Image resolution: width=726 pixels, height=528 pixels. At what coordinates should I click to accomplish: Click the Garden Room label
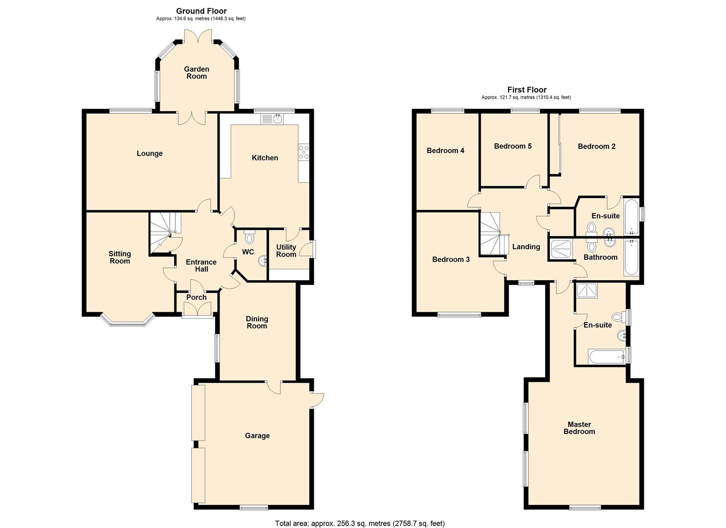pos(197,73)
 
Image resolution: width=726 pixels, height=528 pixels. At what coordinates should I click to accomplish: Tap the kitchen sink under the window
pos(272,119)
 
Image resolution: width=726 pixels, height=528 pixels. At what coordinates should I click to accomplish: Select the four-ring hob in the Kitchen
pos(304,153)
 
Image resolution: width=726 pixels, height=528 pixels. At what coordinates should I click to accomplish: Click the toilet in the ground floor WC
pos(249,237)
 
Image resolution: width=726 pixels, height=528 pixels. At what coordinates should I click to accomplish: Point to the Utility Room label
pos(286,250)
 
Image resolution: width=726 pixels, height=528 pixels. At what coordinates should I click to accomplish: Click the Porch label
pos(197,297)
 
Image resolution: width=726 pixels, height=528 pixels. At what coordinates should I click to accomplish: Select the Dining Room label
pos(257,322)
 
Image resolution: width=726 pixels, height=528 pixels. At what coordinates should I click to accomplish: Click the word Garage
pos(257,435)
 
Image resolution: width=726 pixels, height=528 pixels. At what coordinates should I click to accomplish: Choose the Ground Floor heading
pos(201,11)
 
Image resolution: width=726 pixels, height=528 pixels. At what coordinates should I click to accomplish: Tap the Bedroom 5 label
pos(513,146)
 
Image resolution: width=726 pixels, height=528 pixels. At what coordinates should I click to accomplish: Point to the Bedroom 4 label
pos(445,151)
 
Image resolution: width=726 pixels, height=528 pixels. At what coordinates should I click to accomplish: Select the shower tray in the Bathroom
pos(560,249)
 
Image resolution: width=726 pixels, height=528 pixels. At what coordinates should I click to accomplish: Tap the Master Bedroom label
pos(579,427)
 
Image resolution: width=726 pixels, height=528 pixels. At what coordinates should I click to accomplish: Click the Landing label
pos(526,247)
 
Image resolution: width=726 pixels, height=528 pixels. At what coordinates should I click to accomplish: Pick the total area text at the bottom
pos(360,514)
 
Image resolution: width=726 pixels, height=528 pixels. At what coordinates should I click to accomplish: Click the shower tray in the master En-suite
pos(587,291)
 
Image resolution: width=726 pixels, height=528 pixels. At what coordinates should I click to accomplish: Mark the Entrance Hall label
pos(201,265)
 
